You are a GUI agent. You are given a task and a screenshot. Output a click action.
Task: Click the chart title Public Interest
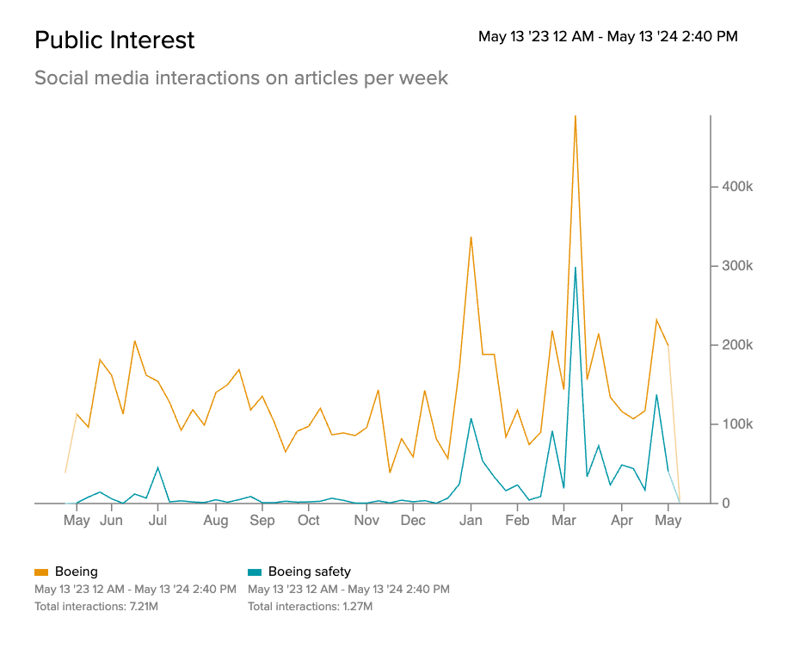pyautogui.click(x=114, y=40)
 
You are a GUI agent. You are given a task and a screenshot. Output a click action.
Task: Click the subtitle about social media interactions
pyautogui.click(x=241, y=78)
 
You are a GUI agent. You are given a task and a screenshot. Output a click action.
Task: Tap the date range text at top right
pyautogui.click(x=607, y=37)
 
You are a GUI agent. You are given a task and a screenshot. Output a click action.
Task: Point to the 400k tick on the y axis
pyautogui.click(x=736, y=187)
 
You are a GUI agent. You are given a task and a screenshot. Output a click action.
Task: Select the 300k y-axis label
pyautogui.click(x=736, y=266)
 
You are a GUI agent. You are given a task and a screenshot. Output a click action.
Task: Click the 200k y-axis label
pyautogui.click(x=736, y=345)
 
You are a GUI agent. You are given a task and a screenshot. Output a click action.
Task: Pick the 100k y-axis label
pyautogui.click(x=736, y=424)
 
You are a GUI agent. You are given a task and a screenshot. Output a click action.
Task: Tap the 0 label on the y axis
pyautogui.click(x=726, y=504)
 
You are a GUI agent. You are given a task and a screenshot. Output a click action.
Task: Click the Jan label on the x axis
pyautogui.click(x=470, y=521)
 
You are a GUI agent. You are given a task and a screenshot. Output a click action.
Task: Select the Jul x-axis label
pyautogui.click(x=157, y=521)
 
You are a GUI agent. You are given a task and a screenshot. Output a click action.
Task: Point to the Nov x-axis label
pyautogui.click(x=366, y=521)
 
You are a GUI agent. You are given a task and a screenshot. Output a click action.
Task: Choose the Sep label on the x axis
pyautogui.click(x=262, y=521)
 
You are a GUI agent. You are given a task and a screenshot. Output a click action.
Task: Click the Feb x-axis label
pyautogui.click(x=517, y=521)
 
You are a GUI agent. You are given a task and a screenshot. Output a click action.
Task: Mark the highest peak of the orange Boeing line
pyautogui.click(x=575, y=116)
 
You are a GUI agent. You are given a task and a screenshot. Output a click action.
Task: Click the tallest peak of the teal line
pyautogui.click(x=575, y=268)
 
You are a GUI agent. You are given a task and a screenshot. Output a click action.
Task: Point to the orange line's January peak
pyautogui.click(x=471, y=237)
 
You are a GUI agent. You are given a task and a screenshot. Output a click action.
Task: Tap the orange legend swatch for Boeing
pyautogui.click(x=41, y=572)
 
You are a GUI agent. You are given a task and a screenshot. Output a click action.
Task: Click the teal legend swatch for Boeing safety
pyautogui.click(x=255, y=572)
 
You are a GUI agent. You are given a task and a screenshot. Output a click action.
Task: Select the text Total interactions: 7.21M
pyautogui.click(x=96, y=607)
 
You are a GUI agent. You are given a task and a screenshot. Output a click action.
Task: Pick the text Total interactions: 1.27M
pyautogui.click(x=310, y=607)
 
